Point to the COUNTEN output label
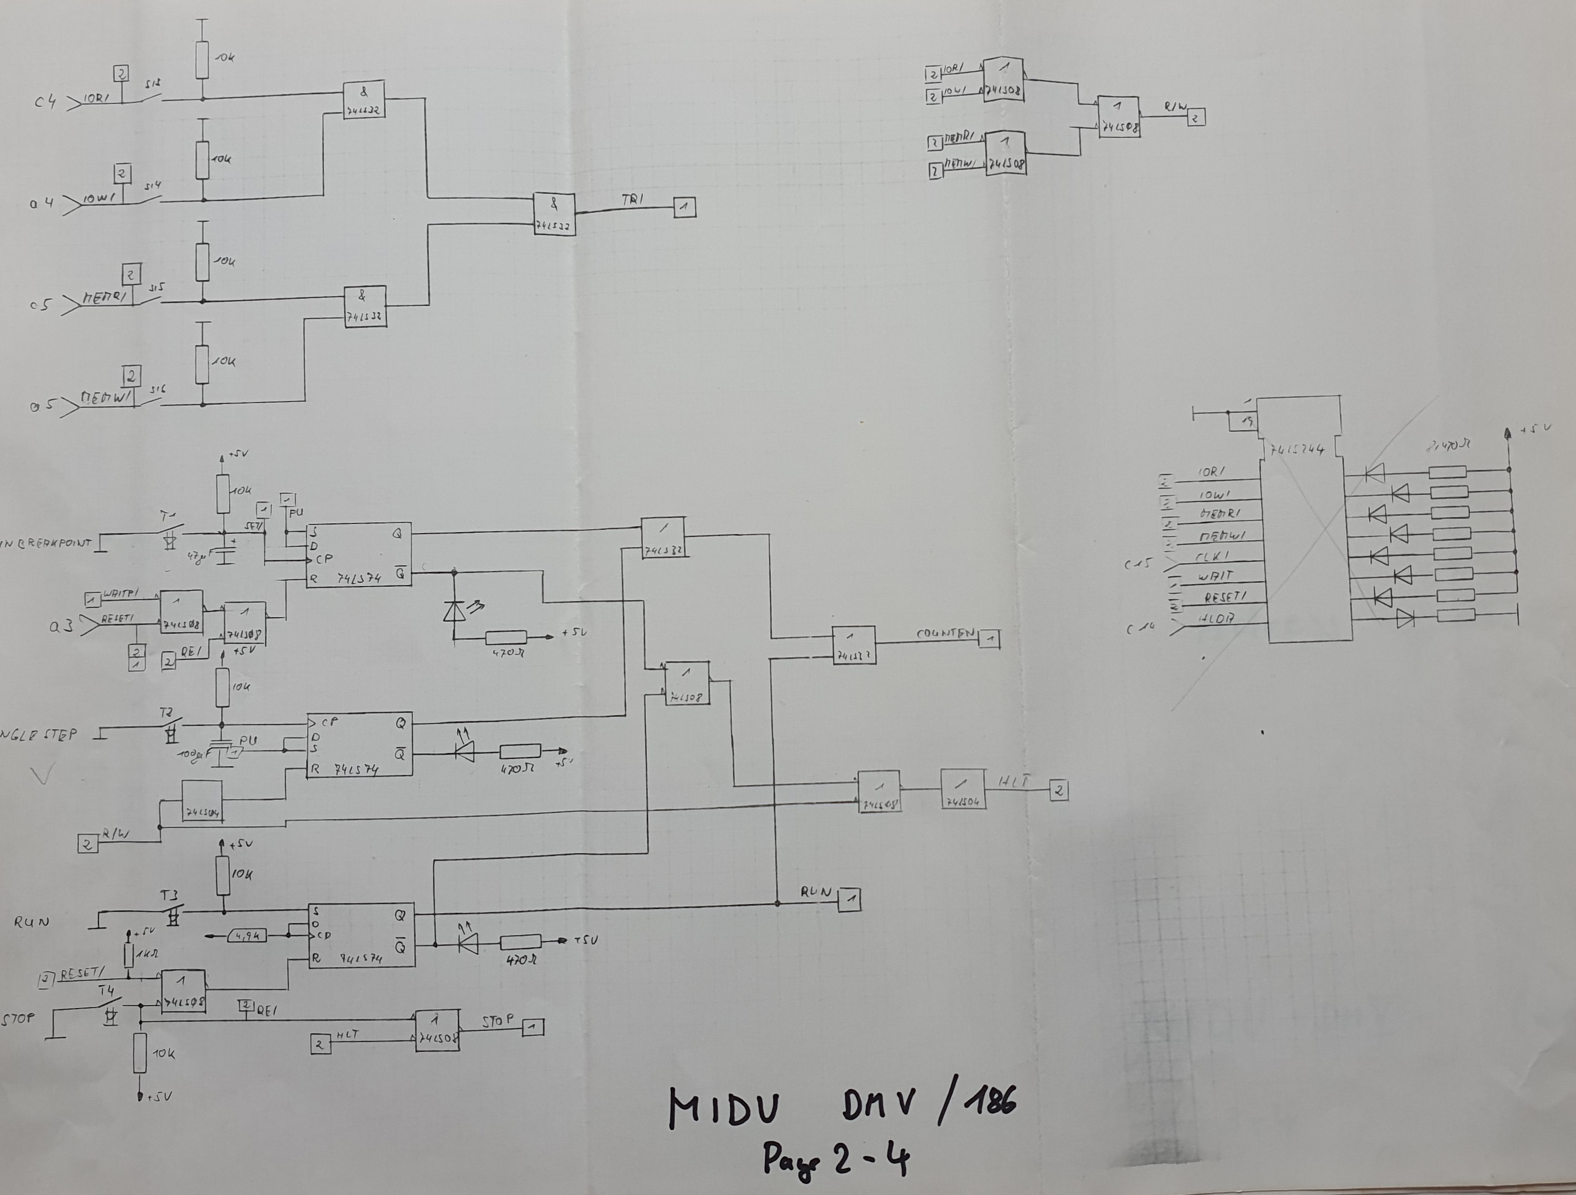(x=945, y=633)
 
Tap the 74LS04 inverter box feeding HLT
(x=963, y=789)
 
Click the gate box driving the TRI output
(x=554, y=215)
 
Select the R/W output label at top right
(x=1175, y=107)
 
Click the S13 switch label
(x=152, y=84)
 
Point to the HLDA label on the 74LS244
(x=1216, y=619)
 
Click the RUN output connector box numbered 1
(x=849, y=899)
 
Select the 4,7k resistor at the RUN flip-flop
(x=247, y=936)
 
